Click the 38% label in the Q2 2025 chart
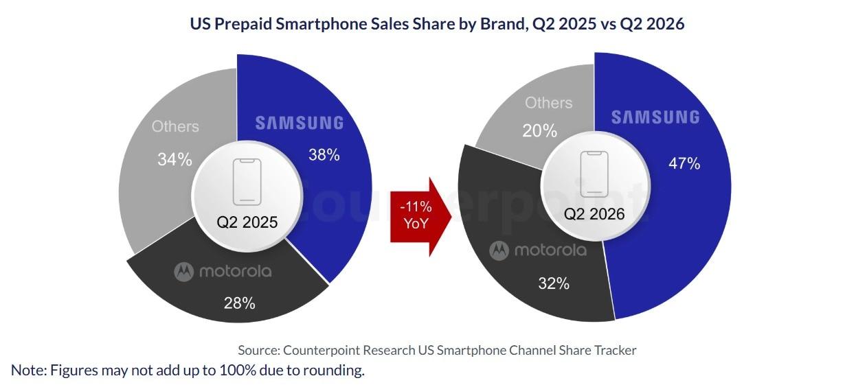(324, 155)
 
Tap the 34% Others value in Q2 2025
(174, 159)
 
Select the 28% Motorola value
(240, 303)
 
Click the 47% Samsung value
(684, 163)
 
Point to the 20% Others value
(540, 131)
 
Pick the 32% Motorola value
(554, 283)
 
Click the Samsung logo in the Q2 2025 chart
(300, 124)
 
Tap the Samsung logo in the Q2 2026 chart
(655, 117)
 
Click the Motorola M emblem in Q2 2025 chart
(184, 272)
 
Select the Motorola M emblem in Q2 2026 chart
(499, 250)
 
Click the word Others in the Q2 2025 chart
(175, 127)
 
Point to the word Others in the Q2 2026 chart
(549, 103)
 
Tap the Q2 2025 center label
(247, 222)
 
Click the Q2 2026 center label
(594, 214)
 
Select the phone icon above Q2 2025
(247, 182)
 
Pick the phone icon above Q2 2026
(594, 174)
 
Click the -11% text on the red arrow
(416, 207)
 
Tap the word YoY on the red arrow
(416, 224)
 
